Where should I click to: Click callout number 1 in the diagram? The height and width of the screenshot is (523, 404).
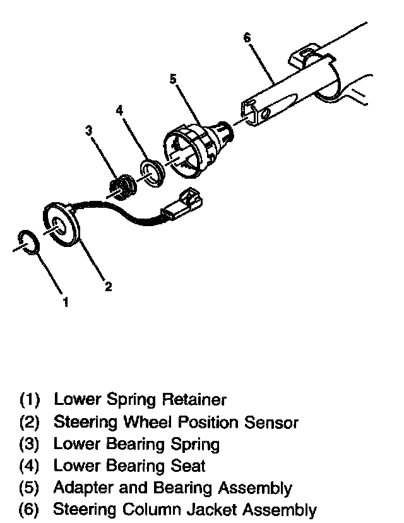65,302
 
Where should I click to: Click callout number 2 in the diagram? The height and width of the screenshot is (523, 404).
108,287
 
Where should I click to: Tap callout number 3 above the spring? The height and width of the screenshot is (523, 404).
89,131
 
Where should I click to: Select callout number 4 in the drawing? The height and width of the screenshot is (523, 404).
119,111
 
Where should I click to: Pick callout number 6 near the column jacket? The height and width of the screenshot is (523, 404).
246,38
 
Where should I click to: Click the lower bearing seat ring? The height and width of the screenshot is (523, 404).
151,171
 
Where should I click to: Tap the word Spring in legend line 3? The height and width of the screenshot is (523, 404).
195,444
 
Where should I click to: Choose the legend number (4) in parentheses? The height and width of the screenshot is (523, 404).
30,467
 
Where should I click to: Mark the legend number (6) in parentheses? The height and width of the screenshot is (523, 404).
30,510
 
